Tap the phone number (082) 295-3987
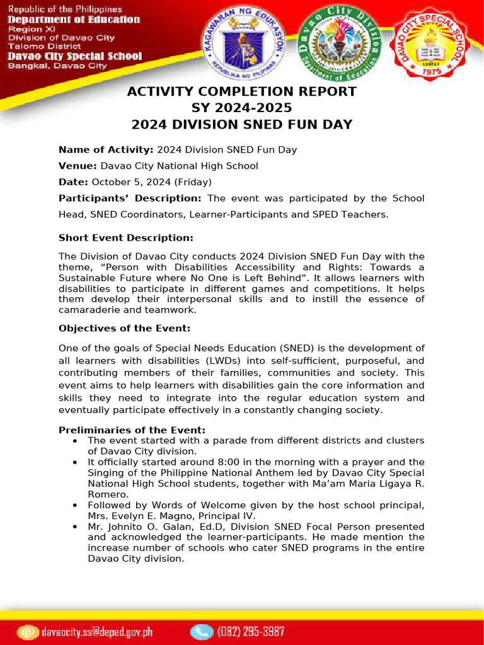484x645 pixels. (x=251, y=631)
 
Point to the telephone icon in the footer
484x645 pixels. (x=202, y=631)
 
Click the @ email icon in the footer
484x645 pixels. (x=28, y=631)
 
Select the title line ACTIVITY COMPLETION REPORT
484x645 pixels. (x=242, y=92)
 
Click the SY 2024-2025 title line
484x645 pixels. (x=242, y=108)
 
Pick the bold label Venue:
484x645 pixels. (x=78, y=166)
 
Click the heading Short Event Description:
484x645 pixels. (x=125, y=238)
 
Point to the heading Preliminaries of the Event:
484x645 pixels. (x=132, y=430)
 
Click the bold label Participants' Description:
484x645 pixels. (x=130, y=198)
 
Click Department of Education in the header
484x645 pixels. (x=74, y=20)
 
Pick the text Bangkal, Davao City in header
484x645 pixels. (x=57, y=66)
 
